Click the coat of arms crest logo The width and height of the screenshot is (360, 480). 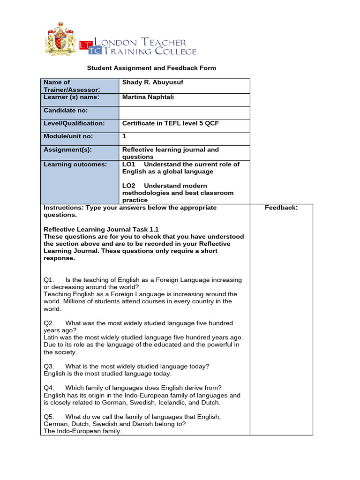pos(60,40)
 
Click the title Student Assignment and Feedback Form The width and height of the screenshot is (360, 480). pos(151,68)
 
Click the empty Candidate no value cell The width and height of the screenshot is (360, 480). pos(185,113)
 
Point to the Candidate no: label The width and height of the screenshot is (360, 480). pos(66,111)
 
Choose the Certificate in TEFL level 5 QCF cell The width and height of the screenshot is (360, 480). pos(171,124)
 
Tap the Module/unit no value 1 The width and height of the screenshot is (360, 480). pos(124,136)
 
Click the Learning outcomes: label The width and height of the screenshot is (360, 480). pos(75,165)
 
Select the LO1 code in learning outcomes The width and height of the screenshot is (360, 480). pos(128,165)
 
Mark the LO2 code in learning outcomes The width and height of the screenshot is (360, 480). pos(128,186)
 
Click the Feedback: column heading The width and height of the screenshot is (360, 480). pos(281,208)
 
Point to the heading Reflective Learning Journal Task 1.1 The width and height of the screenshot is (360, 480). pos(101,229)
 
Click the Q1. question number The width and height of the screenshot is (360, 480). pos(49,280)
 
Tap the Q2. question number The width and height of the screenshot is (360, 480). pos(49,323)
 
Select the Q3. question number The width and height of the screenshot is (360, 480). pos(49,366)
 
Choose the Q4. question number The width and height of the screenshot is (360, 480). pos(49,388)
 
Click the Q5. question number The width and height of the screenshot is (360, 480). pos(49,416)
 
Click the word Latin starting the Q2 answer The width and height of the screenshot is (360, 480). pos(52,337)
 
